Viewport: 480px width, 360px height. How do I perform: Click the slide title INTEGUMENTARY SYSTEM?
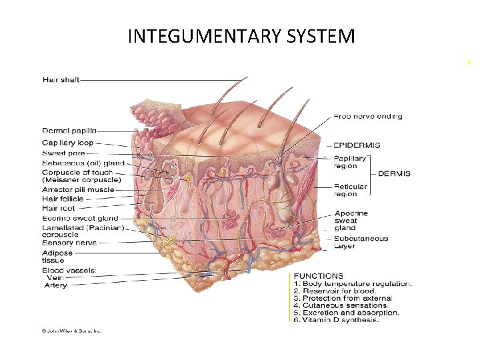pyautogui.click(x=241, y=35)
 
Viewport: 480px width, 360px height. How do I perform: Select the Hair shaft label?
pyautogui.click(x=61, y=80)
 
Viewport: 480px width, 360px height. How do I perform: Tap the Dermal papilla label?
pyautogui.click(x=69, y=131)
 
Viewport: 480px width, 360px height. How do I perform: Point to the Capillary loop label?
pyautogui.click(x=67, y=142)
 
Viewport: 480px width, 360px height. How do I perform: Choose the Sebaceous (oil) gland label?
pyautogui.click(x=83, y=162)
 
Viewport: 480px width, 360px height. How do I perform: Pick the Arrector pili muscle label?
pyautogui.click(x=78, y=189)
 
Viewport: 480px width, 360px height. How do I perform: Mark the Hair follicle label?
pyautogui.click(x=63, y=199)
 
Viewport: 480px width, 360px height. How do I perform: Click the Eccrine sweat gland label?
pyautogui.click(x=80, y=218)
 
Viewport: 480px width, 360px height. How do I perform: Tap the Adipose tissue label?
pyautogui.click(x=58, y=257)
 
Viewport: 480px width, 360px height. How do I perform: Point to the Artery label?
pyautogui.click(x=55, y=285)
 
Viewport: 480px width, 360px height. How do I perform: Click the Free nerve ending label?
pyautogui.click(x=368, y=117)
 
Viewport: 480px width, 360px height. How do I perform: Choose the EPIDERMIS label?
pyautogui.click(x=357, y=145)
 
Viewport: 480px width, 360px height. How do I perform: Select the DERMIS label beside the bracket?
pyautogui.click(x=394, y=173)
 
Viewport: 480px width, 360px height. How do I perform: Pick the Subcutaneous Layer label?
pyautogui.click(x=361, y=242)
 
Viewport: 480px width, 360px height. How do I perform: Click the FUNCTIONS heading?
pyautogui.click(x=319, y=275)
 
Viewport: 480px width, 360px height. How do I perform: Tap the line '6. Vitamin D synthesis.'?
pyautogui.click(x=336, y=321)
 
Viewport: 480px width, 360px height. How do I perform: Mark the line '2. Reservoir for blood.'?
pyautogui.click(x=335, y=291)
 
